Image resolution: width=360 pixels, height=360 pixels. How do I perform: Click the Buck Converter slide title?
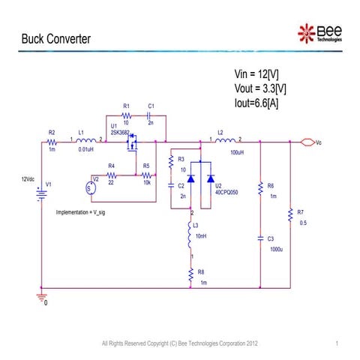pyautogui.click(x=55, y=38)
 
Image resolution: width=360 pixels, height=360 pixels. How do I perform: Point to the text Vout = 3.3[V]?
pyautogui.click(x=261, y=88)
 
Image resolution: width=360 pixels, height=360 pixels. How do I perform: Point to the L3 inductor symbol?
pyautogui.click(x=191, y=237)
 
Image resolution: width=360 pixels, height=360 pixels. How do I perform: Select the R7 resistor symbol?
pyautogui.click(x=289, y=215)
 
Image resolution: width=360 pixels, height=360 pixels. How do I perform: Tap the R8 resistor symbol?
pyautogui.click(x=191, y=275)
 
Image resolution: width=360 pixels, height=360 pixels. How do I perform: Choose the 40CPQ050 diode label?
pyautogui.click(x=226, y=192)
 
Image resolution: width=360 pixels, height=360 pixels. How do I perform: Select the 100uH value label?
pyautogui.click(x=237, y=152)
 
